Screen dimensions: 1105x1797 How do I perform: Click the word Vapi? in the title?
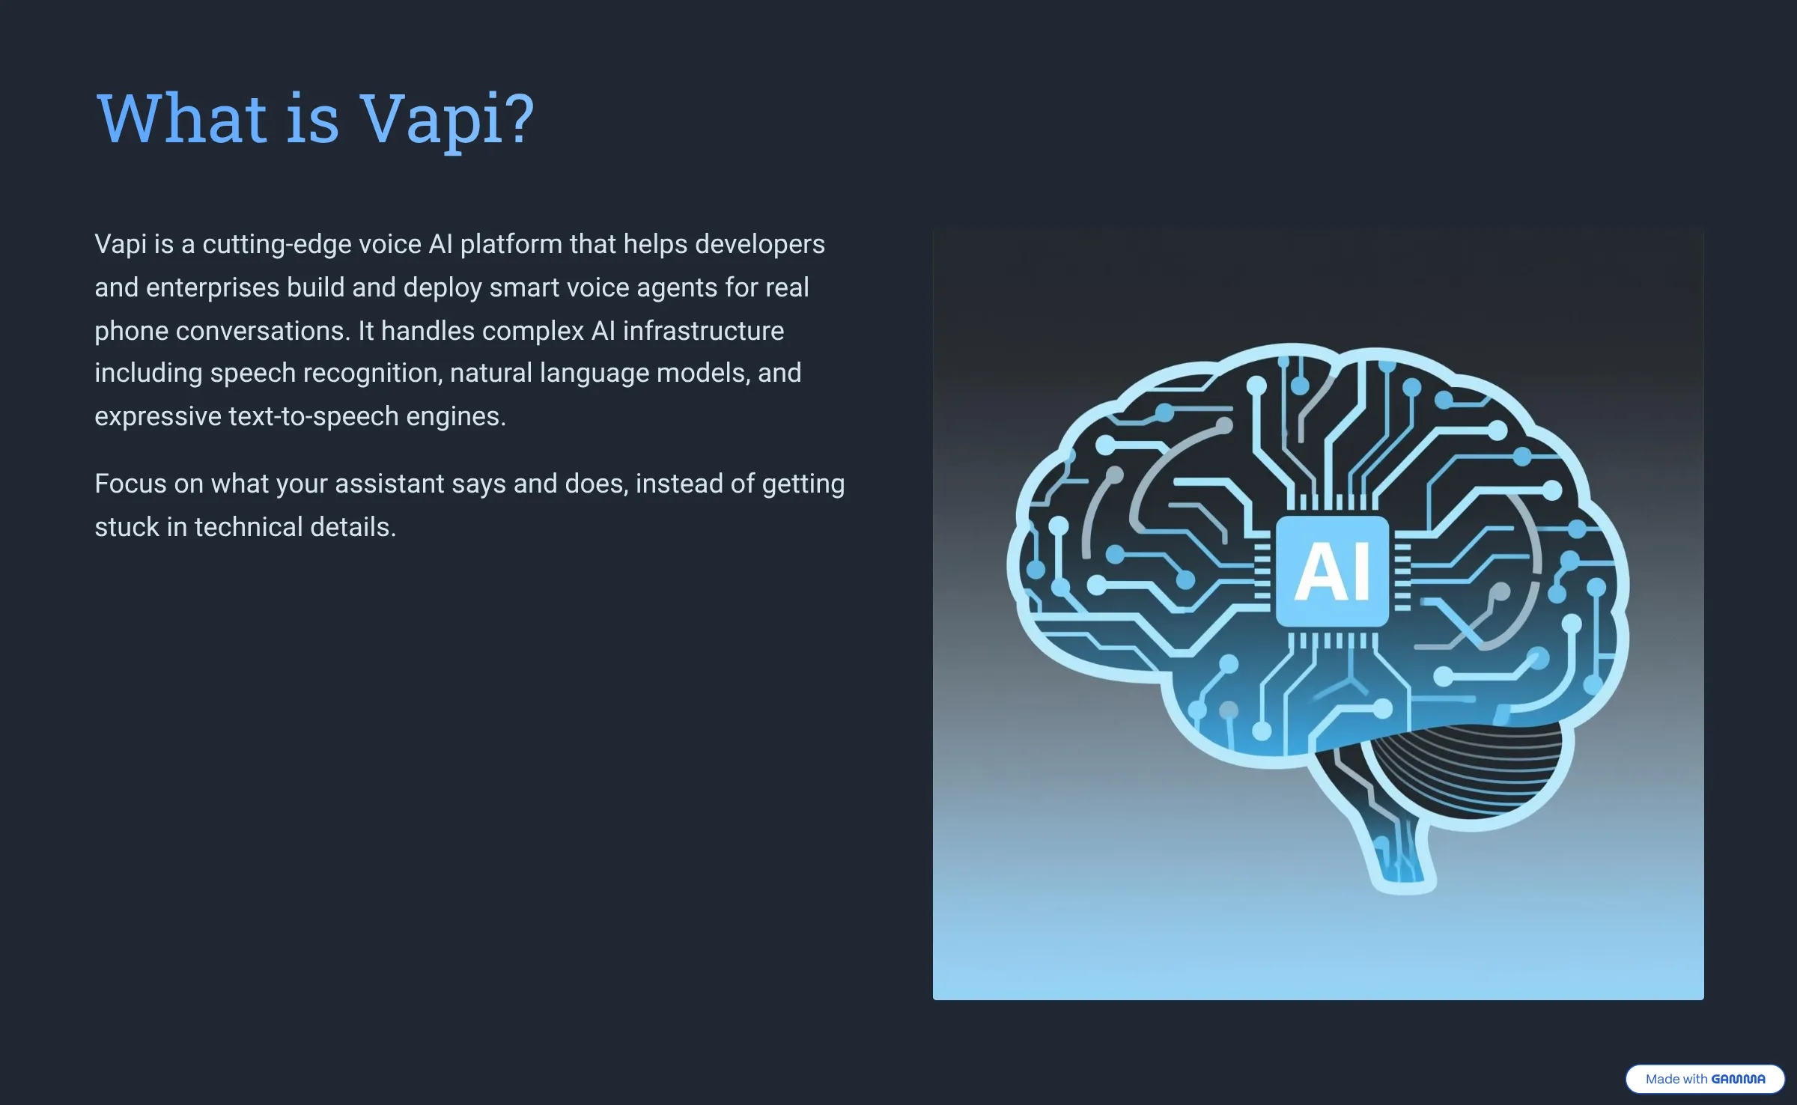(447, 120)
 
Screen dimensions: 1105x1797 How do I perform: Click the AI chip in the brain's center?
(1332, 571)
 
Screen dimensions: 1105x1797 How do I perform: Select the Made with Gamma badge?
(1704, 1079)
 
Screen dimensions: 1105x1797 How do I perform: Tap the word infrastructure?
(703, 331)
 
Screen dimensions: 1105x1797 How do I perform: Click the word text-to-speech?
(314, 416)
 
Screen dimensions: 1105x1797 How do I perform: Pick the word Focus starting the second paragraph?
(131, 484)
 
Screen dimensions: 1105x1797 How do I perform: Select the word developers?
(760, 245)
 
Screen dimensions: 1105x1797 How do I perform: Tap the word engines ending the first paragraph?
(456, 416)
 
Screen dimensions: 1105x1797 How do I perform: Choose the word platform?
(511, 245)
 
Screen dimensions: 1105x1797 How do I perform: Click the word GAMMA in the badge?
(1738, 1079)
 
